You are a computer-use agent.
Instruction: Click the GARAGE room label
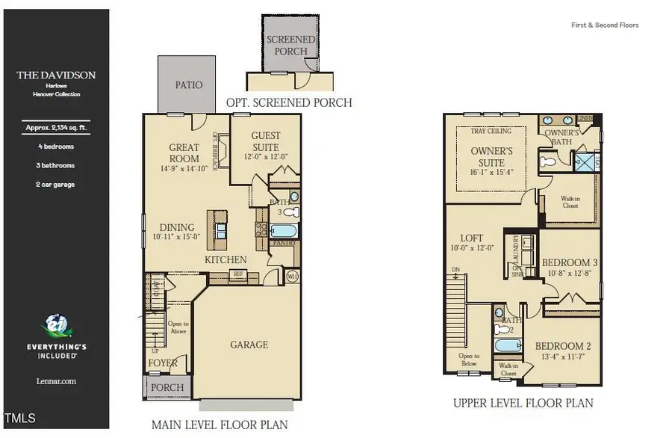[249, 345]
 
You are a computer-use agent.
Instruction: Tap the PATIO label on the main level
[188, 84]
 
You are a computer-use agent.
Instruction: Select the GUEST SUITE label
[266, 141]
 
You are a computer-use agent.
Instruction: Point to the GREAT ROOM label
[184, 153]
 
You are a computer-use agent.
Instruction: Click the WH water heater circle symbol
[292, 277]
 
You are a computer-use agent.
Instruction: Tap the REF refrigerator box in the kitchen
[239, 274]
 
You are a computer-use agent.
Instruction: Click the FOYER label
[163, 363]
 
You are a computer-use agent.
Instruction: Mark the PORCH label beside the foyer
[167, 387]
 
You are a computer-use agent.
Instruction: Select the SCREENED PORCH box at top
[290, 45]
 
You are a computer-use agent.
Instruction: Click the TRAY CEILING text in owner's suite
[491, 132]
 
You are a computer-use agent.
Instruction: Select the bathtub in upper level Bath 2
[508, 346]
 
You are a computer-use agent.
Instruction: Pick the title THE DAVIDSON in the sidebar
[56, 75]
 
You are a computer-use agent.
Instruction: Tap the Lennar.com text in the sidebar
[56, 381]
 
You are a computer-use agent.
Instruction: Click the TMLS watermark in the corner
[20, 418]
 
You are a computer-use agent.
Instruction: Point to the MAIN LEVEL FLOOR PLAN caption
[220, 425]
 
